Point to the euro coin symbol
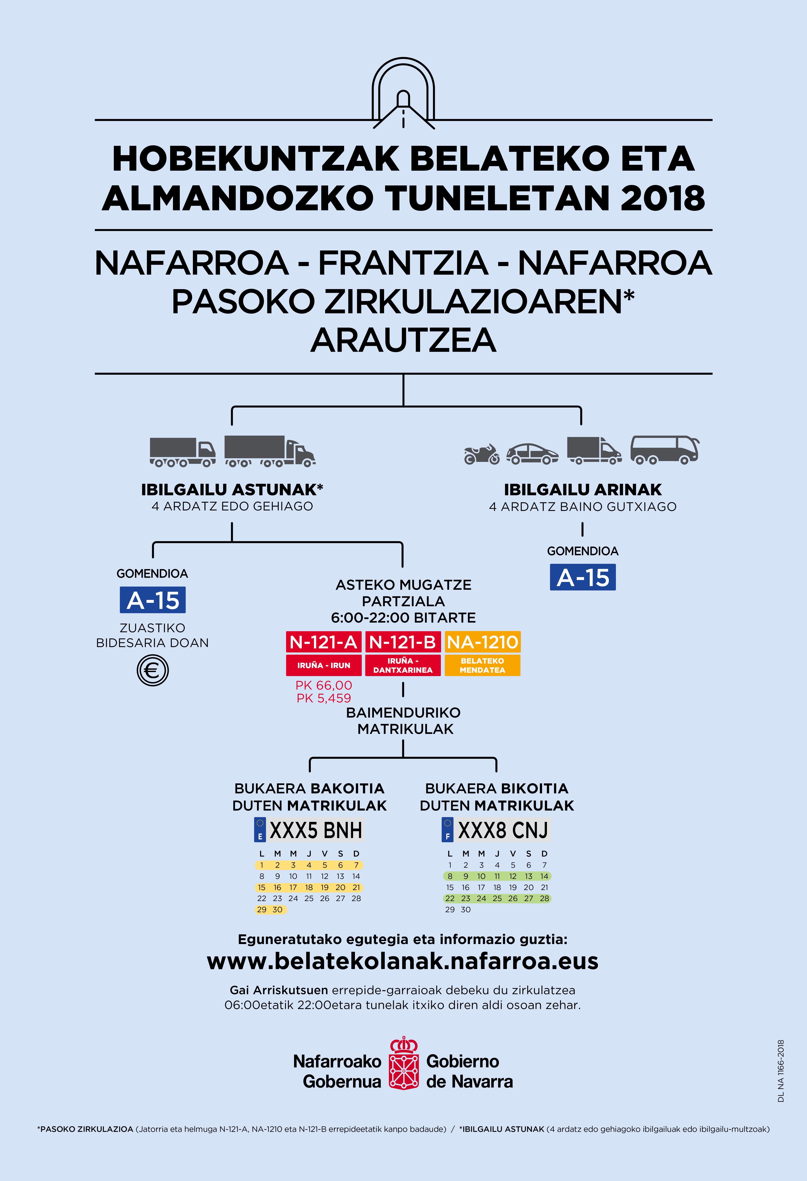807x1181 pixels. pyautogui.click(x=152, y=670)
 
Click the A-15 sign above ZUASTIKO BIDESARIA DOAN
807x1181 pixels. pyautogui.click(x=152, y=600)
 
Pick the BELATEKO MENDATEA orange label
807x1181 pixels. pyautogui.click(x=482, y=665)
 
